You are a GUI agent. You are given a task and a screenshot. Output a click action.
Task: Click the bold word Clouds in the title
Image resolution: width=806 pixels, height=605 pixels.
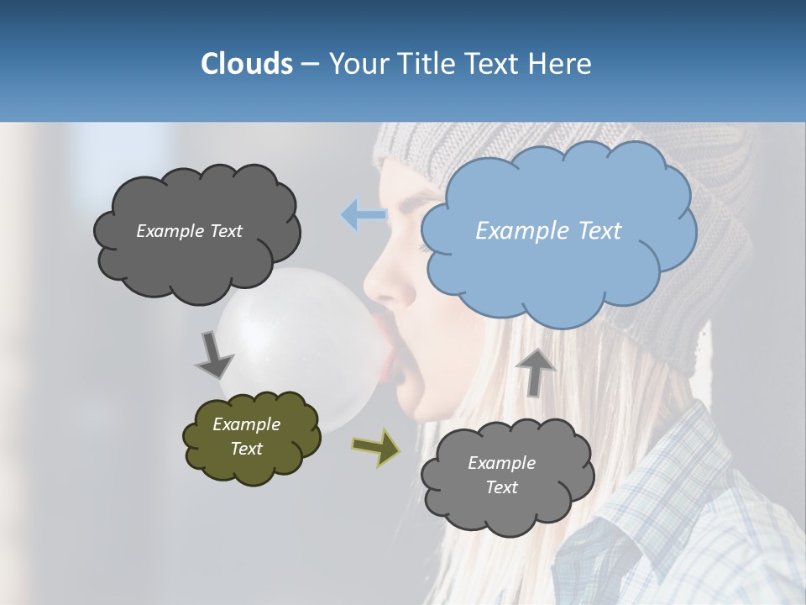[246, 64]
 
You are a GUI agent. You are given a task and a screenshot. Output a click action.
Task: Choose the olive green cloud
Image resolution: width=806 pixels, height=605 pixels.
[251, 437]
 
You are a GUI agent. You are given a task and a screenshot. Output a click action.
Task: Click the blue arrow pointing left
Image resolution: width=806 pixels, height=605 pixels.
[363, 215]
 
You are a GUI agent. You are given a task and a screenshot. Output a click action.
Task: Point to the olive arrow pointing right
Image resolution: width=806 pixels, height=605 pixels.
[376, 447]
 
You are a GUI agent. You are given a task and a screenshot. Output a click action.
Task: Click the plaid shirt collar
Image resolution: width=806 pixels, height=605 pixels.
[672, 471]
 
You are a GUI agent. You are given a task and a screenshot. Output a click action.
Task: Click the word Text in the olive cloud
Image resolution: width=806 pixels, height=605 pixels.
[247, 449]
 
